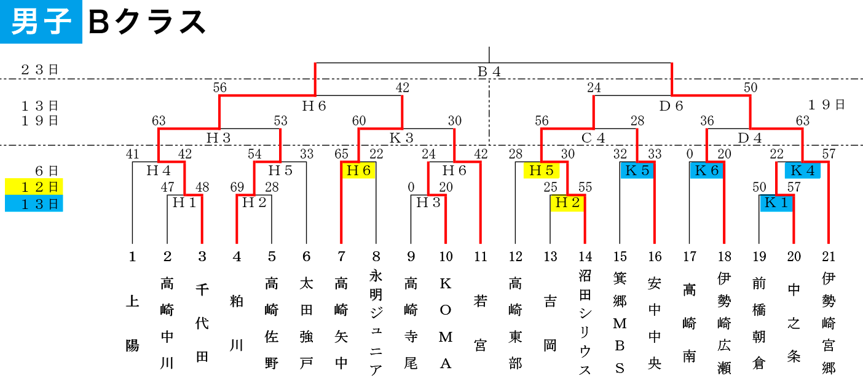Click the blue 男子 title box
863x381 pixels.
(x=41, y=22)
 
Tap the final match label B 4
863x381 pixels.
(x=489, y=72)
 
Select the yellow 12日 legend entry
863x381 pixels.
(x=34, y=187)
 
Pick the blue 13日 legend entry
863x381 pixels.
(x=34, y=203)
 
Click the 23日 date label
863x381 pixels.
(x=40, y=69)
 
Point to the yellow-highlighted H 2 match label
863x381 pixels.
(x=567, y=203)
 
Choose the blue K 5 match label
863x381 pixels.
(x=637, y=170)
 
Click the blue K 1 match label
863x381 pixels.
(x=776, y=203)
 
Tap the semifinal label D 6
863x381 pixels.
(x=671, y=106)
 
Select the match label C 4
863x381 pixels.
(x=593, y=138)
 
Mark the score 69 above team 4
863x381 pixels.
(x=237, y=187)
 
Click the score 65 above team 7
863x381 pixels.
(x=341, y=154)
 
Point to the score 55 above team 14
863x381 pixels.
(x=585, y=187)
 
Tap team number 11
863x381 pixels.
(x=481, y=257)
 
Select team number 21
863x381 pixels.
(x=829, y=257)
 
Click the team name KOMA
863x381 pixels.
(x=446, y=323)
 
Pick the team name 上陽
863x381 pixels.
(x=133, y=323)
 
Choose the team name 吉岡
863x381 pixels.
(x=550, y=323)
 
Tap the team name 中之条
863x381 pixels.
(x=794, y=323)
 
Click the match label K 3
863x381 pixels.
(x=401, y=138)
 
